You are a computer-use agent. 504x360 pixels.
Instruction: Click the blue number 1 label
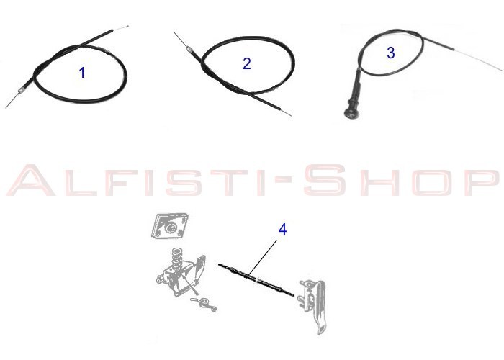tap(82, 73)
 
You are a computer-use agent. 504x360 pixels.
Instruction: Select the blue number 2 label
tap(247, 63)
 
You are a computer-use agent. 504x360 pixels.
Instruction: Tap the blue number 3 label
tap(391, 53)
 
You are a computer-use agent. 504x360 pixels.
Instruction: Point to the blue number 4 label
tap(282, 230)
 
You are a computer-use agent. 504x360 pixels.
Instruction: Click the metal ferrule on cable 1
tap(21, 90)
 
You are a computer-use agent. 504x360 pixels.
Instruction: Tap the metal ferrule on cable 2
tap(189, 49)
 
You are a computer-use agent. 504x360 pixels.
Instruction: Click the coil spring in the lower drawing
tap(176, 258)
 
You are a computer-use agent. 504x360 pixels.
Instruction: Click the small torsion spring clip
tap(204, 304)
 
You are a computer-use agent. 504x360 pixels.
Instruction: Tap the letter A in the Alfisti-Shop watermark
tap(31, 180)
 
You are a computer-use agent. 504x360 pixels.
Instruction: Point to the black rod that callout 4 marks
tap(256, 279)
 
